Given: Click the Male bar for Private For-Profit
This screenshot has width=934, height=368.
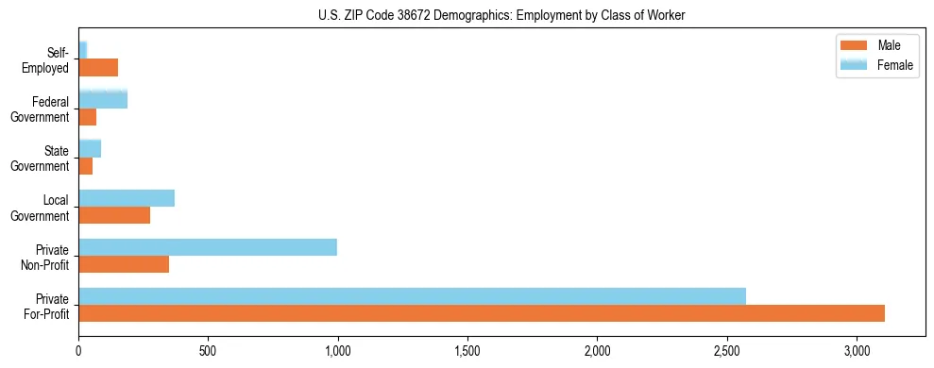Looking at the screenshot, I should (482, 313).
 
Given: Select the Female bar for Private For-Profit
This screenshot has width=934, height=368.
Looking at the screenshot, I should (412, 295).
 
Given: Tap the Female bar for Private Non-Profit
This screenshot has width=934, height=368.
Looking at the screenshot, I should (208, 247).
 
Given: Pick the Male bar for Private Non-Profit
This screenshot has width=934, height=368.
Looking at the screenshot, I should (124, 264).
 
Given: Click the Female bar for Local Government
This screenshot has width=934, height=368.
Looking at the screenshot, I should (127, 198).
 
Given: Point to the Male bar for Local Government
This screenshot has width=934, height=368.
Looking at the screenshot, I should (114, 215).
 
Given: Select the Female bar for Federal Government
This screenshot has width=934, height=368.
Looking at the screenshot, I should (103, 100).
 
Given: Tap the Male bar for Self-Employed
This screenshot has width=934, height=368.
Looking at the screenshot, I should (98, 68).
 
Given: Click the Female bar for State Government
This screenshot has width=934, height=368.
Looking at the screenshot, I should (90, 149).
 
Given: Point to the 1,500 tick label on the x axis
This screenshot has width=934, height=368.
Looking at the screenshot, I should (467, 351).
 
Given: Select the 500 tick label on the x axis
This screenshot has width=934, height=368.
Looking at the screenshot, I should (208, 351).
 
